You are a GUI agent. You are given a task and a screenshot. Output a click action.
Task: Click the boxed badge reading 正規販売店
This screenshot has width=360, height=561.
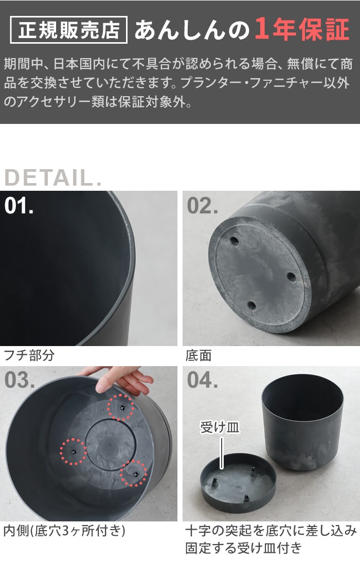[69, 30]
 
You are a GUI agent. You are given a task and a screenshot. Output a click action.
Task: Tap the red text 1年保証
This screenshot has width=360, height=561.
[302, 29]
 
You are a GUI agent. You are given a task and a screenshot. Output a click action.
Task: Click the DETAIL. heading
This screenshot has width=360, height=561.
[53, 178]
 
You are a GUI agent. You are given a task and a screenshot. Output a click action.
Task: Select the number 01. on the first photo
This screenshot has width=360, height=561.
[19, 206]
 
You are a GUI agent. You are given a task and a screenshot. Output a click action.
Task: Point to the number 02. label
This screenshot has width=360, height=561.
[202, 206]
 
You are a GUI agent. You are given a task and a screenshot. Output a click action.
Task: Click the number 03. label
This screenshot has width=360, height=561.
[20, 380]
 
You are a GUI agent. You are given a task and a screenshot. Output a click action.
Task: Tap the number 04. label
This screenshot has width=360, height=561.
[202, 380]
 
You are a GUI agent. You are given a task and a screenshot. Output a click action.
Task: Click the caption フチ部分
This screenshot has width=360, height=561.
[29, 355]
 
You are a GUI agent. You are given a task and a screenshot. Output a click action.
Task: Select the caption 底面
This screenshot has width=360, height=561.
[199, 355]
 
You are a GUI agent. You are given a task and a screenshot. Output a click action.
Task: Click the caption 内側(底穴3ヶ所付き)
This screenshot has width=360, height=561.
[64, 530]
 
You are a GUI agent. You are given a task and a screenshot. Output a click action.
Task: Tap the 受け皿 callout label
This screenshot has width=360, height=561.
[220, 427]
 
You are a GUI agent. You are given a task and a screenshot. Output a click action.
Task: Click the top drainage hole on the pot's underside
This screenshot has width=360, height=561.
[235, 241]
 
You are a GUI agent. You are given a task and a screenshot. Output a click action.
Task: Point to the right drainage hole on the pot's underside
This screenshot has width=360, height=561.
[292, 277]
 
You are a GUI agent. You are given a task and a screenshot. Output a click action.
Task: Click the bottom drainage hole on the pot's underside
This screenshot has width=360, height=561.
[252, 306]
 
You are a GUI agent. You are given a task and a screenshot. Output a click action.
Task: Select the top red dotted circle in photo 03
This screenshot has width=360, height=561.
[121, 407]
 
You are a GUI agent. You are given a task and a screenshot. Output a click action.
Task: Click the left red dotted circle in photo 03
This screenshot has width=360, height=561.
[74, 451]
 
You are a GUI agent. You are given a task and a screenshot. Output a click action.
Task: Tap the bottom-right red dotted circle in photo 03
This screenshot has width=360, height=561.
[134, 474]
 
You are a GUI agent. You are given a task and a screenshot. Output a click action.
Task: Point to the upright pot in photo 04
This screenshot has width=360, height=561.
[302, 422]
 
